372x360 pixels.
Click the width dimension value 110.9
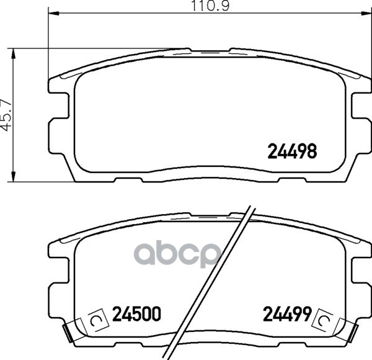[x=210, y=6]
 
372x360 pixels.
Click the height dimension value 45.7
[x=6, y=115]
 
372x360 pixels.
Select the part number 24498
[x=292, y=151]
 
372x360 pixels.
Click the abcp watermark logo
[x=179, y=254]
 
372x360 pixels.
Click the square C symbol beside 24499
[x=324, y=320]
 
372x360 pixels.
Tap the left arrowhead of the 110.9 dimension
[x=53, y=13]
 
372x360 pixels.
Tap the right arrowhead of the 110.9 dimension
[x=366, y=13]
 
